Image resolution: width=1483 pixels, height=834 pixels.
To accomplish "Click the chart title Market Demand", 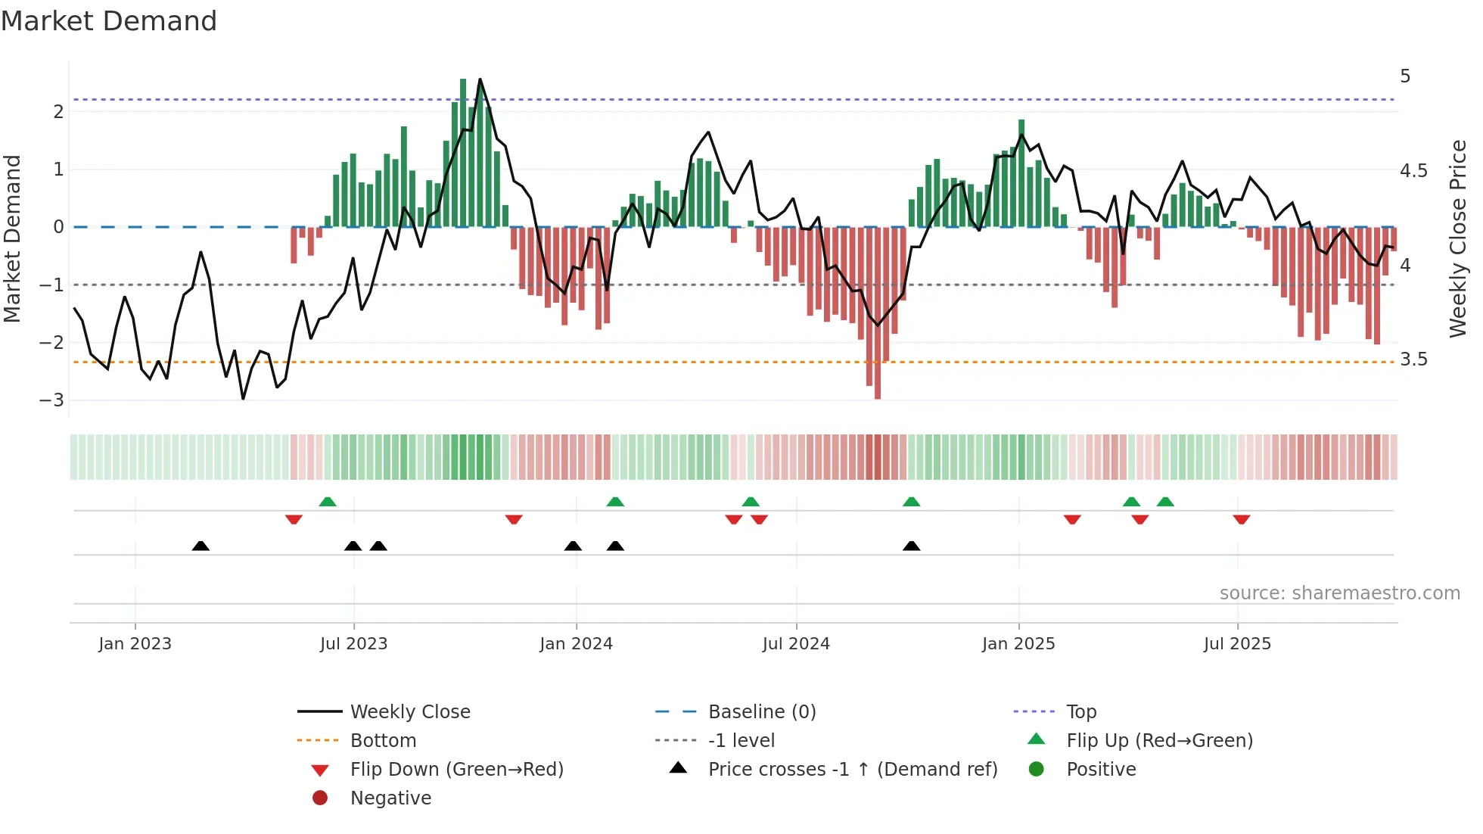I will point(108,20).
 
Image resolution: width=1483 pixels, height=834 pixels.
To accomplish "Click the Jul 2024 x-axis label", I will point(795,643).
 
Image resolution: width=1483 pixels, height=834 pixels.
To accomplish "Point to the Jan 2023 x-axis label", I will point(135,643).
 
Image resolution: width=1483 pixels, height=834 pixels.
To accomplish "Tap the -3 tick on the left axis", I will point(52,400).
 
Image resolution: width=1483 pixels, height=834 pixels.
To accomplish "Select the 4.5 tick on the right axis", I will point(1413,171).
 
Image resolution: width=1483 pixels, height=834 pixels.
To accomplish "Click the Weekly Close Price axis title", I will point(1457,238).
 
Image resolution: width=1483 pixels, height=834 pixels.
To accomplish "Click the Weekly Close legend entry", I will point(409,711).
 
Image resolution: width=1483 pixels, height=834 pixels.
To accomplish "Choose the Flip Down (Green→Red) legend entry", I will point(456,769).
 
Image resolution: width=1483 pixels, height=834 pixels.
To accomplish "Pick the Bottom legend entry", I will point(383,740).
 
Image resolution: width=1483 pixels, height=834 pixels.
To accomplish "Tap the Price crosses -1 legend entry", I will point(852,769).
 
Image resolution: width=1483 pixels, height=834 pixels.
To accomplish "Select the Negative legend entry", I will point(390,798).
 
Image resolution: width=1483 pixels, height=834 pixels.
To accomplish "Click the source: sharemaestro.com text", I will point(1339,593).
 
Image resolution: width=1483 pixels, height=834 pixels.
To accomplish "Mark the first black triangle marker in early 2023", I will point(201,546).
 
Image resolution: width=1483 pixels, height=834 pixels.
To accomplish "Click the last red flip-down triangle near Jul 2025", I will point(1241,519).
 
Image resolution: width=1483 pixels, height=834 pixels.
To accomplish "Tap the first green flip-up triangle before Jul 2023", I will point(327,502).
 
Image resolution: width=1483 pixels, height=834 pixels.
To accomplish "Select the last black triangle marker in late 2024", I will point(911,546).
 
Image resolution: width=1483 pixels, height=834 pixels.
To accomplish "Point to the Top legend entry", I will point(1080,711).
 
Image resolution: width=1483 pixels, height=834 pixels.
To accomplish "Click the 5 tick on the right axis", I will point(1405,76).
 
